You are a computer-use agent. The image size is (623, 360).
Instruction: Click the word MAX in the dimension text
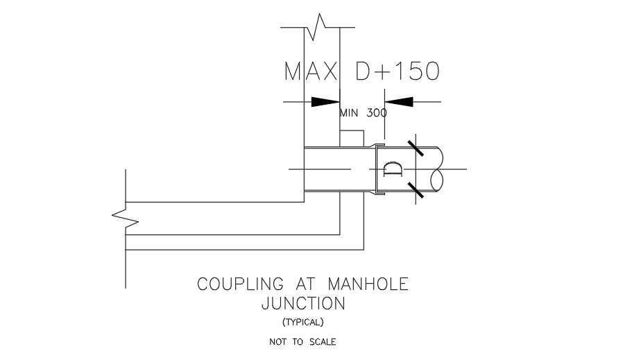click(x=311, y=71)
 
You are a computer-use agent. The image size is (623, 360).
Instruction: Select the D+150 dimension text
click(x=398, y=71)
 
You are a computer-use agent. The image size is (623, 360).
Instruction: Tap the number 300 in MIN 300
click(x=376, y=113)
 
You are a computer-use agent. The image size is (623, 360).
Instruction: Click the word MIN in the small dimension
click(x=349, y=113)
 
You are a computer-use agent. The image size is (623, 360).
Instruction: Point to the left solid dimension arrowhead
click(x=325, y=102)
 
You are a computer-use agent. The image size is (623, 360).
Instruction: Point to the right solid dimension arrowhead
click(x=399, y=102)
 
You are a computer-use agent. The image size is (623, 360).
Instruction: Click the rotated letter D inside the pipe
click(x=393, y=169)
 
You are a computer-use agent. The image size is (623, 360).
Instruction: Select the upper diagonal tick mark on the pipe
click(x=416, y=148)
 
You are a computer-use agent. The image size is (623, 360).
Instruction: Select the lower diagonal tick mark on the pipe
click(x=416, y=190)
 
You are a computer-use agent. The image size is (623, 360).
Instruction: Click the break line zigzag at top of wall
click(x=316, y=27)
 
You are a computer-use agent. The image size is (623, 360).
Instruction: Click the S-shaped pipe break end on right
click(x=438, y=169)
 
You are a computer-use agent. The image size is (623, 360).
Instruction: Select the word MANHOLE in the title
click(x=368, y=284)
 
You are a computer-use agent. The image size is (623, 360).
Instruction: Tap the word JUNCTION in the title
click(x=304, y=304)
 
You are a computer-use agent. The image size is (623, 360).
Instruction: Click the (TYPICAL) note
click(x=303, y=323)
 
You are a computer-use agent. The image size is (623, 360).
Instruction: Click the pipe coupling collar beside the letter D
click(x=376, y=169)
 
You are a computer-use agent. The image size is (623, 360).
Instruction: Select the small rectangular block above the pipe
click(x=352, y=139)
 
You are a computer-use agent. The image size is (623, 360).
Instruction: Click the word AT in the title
click(x=305, y=284)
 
